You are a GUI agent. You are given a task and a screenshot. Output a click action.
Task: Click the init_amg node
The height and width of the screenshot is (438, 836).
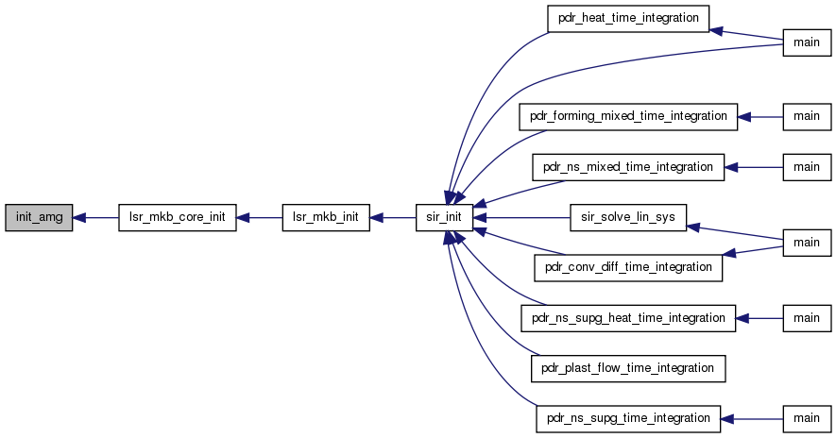point(39,217)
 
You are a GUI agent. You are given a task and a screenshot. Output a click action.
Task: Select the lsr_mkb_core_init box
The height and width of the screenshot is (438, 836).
point(177,217)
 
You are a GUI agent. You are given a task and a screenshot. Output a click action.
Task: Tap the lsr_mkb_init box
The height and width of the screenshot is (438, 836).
point(326,217)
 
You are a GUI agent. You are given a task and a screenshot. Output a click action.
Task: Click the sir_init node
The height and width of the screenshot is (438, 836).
point(444,217)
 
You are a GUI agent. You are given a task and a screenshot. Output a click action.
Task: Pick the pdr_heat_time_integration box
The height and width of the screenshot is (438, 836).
point(628,19)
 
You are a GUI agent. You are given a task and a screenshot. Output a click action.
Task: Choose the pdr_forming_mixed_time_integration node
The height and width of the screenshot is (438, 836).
point(628,117)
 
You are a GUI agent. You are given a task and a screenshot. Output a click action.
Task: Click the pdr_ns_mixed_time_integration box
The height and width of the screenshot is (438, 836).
point(628,167)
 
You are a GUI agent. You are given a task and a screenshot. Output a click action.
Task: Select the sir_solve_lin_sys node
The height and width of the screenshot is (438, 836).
point(628,217)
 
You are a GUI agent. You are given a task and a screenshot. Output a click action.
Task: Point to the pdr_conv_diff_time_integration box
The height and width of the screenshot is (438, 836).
point(628,267)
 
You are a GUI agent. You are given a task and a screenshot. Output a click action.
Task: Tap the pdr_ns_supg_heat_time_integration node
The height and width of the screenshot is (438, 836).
point(628,318)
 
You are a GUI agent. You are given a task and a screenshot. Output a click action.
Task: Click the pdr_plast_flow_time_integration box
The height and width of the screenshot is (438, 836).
point(628,368)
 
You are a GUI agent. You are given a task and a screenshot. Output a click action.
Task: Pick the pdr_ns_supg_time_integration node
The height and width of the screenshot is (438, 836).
point(628,419)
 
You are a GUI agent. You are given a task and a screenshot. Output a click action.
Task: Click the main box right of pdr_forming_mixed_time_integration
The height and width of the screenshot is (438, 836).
point(807,117)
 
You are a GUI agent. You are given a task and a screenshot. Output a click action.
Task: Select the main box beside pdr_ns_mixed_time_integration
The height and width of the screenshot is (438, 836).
point(807,167)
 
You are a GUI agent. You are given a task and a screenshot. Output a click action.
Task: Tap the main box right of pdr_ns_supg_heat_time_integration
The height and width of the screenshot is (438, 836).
point(807,318)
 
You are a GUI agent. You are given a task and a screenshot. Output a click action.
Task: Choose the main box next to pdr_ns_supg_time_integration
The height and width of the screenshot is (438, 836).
point(807,419)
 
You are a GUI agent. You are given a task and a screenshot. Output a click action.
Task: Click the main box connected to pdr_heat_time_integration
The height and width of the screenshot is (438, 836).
point(807,42)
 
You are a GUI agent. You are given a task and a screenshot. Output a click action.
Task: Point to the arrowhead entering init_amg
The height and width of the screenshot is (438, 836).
point(79,217)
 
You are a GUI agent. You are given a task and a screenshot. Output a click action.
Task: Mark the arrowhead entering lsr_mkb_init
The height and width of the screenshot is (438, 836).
point(376,217)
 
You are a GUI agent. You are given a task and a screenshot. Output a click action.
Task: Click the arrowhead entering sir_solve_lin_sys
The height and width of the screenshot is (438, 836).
point(693,227)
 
